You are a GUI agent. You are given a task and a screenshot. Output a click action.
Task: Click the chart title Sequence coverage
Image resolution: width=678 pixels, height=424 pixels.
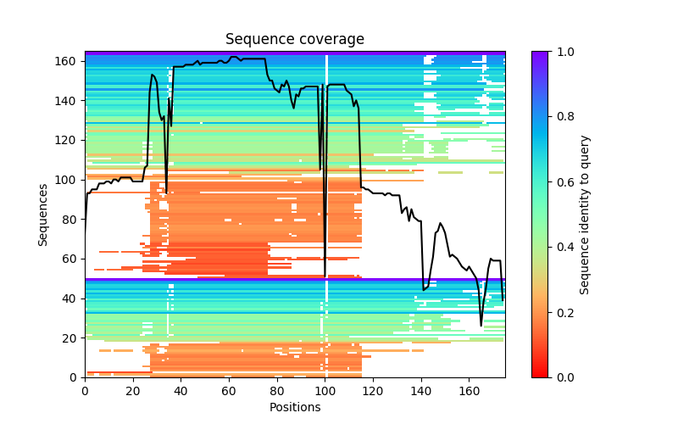coord(295,40)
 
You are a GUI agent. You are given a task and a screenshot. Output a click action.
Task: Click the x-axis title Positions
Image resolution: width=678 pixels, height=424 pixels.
coord(295,407)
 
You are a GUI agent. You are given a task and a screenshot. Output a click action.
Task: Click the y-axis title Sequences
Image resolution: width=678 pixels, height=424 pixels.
coord(43,214)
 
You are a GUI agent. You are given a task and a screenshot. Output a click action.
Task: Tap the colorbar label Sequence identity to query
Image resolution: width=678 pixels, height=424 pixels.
coord(586,214)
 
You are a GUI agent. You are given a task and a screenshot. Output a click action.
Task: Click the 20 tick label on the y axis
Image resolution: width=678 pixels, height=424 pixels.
coord(68,338)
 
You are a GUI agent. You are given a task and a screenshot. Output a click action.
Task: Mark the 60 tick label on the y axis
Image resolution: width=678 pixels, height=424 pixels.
coord(68,259)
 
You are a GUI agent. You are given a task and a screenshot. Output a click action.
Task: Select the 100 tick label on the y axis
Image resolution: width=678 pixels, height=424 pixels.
coord(65,180)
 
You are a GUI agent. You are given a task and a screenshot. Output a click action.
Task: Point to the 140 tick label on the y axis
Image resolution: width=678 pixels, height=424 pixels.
coord(65,100)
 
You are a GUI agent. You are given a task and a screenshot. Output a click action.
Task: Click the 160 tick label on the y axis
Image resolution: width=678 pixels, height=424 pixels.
coord(65,61)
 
